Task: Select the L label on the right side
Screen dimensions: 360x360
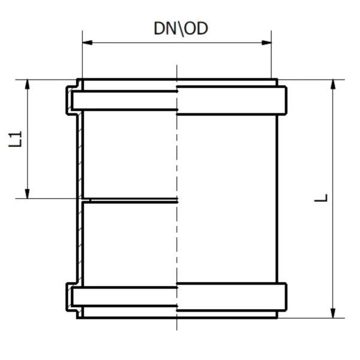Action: (323, 197)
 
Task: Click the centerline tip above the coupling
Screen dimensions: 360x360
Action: (177, 66)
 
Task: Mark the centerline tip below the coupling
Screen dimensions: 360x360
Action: (177, 329)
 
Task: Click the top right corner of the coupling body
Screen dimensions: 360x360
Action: (277, 80)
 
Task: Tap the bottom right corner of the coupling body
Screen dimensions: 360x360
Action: (277, 317)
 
